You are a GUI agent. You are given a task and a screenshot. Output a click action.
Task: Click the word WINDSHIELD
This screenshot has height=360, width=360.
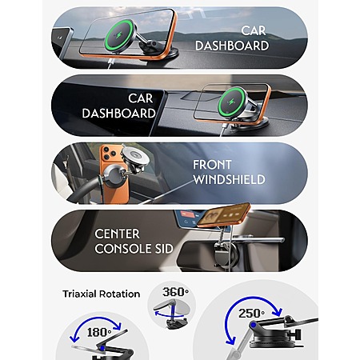tap(229, 179)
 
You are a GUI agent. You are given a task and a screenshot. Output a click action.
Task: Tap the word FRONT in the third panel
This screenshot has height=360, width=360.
tap(212, 165)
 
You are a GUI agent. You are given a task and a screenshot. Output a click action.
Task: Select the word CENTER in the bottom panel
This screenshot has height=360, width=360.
tap(117, 234)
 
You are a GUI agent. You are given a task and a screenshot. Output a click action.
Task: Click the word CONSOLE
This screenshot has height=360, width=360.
tap(119, 249)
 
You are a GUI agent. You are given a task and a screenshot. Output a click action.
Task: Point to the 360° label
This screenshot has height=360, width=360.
tap(175, 292)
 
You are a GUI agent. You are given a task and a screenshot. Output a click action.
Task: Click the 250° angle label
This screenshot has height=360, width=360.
tap(251, 314)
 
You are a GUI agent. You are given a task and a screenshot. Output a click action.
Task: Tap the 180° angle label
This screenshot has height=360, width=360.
tap(99, 333)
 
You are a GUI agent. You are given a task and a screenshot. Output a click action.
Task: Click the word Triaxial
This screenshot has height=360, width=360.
tap(79, 294)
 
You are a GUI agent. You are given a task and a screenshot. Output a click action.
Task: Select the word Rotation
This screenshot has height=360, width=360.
tap(119, 294)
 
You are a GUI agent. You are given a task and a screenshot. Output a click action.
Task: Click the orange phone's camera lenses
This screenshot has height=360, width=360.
tap(109, 153)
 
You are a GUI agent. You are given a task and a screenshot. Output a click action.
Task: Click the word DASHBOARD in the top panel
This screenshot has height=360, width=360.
tap(232, 46)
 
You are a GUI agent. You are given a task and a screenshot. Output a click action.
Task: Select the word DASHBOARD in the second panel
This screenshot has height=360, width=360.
tap(118, 114)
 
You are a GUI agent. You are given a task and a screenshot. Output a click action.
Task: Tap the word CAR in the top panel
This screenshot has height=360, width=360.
tap(254, 31)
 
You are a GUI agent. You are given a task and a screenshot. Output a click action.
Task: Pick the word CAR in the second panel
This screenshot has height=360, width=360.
tap(141, 98)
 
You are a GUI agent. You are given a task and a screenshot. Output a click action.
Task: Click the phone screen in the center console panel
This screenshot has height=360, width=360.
tap(223, 215)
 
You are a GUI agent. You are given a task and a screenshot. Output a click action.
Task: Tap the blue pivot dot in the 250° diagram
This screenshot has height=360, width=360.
tap(253, 325)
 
